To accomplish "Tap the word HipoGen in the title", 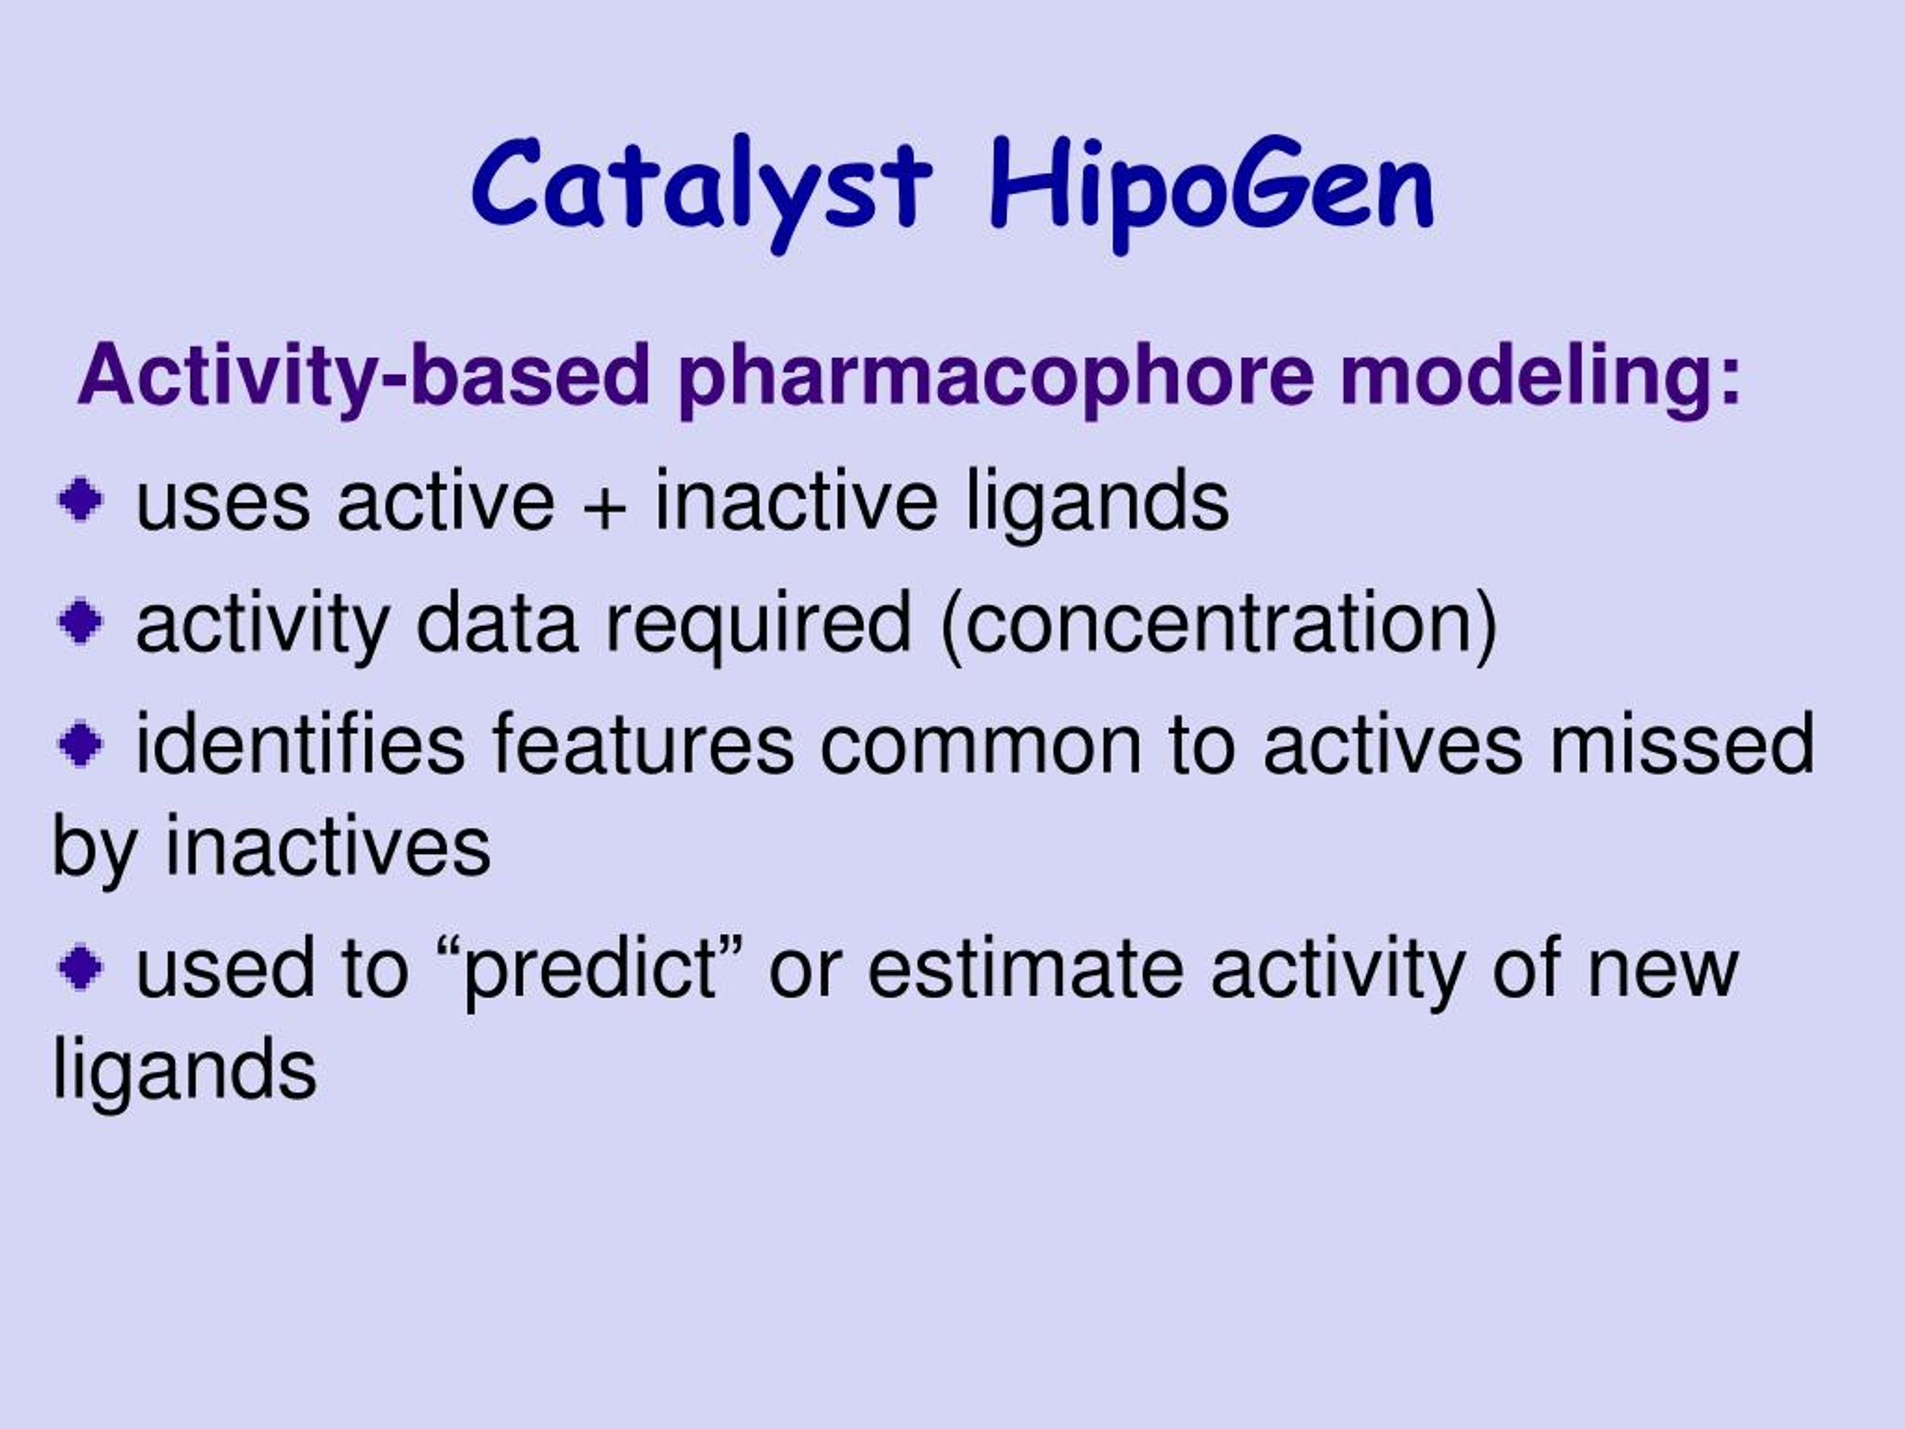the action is coord(1211,193).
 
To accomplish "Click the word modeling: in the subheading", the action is coord(1540,377).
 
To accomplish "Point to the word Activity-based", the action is coord(363,376).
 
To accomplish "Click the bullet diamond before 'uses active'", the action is coord(81,499).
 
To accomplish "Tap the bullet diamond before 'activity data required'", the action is coord(81,620).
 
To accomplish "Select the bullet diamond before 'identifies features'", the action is coord(81,743).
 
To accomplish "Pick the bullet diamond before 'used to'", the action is coord(81,968).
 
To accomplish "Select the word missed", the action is coord(1683,743).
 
